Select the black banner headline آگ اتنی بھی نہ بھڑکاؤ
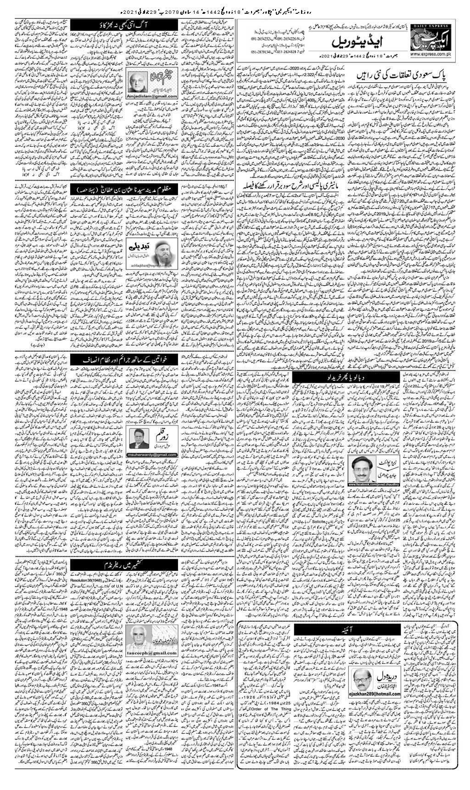pyautogui.click(x=109, y=21)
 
